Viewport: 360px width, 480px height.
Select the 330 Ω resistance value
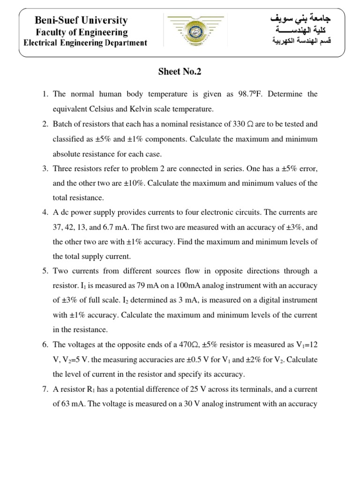click(x=244, y=124)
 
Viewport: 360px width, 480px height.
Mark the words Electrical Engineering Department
click(x=85, y=43)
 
